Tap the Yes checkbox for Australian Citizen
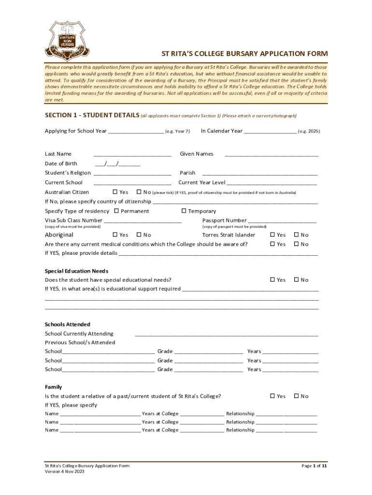(115, 192)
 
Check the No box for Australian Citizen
(139, 192)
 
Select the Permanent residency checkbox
(116, 211)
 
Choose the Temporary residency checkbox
(184, 211)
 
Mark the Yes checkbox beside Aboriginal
(115, 234)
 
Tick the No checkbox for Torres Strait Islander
(297, 234)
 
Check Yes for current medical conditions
(272, 244)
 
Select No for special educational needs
(297, 279)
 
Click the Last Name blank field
(132, 154)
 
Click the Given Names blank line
(272, 154)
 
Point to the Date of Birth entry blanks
(117, 164)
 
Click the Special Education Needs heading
(77, 271)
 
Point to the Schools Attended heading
(68, 324)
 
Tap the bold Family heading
(53, 387)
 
